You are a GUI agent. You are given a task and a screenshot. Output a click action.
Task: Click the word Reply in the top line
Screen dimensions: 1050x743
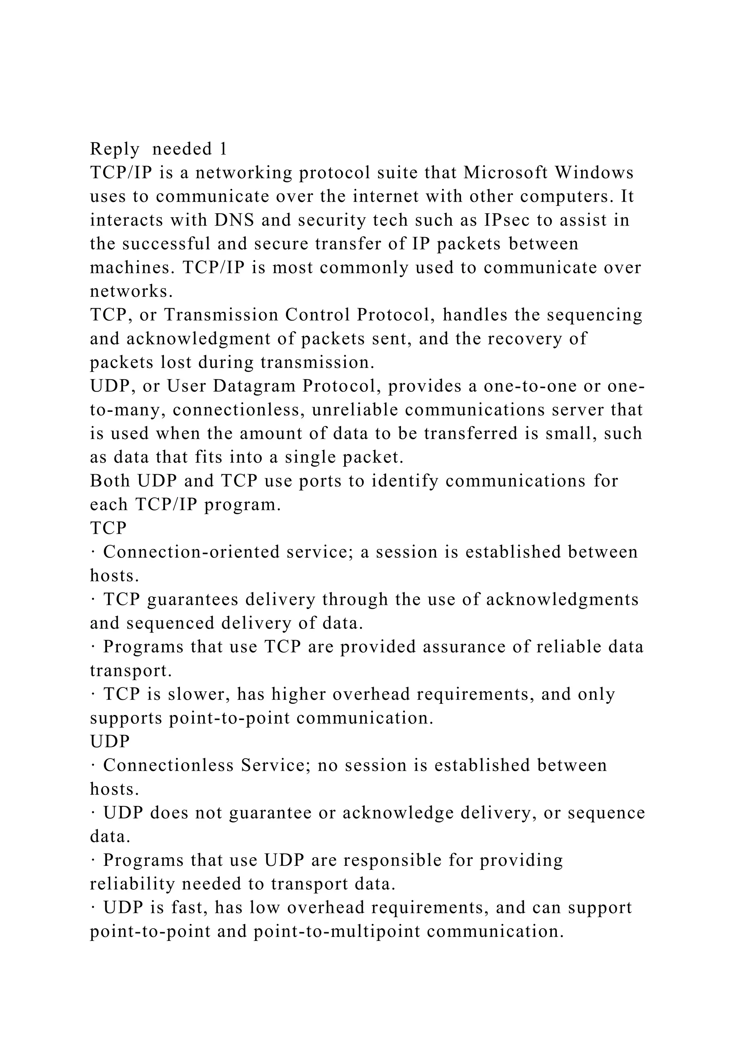click(x=114, y=149)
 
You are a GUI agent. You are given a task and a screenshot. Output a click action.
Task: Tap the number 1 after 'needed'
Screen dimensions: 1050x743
click(x=223, y=149)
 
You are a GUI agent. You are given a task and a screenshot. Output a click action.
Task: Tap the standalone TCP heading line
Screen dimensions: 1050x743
click(x=108, y=529)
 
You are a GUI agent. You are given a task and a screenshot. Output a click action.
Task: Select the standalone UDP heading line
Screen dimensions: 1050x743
click(x=110, y=742)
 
